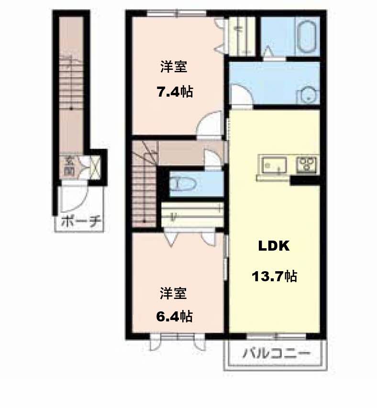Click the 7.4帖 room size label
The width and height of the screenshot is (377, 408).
(x=175, y=92)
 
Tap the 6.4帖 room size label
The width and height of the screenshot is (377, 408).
(x=174, y=317)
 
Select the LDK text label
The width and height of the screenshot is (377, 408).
(x=274, y=246)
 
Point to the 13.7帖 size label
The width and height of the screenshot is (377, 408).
(x=274, y=276)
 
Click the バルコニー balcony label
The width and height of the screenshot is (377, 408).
(x=277, y=353)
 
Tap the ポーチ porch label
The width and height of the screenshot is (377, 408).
(x=81, y=222)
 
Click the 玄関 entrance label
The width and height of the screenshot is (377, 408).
(x=69, y=166)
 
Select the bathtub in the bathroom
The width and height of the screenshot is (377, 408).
(x=307, y=36)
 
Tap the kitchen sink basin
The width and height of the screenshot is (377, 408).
(x=274, y=165)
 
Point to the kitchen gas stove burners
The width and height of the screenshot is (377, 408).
(x=307, y=165)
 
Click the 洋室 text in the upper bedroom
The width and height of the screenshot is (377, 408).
(x=174, y=66)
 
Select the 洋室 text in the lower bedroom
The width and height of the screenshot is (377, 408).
(x=173, y=293)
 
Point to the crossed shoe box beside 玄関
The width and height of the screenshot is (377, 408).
(x=95, y=167)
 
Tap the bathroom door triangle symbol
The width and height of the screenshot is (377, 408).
(x=268, y=51)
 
